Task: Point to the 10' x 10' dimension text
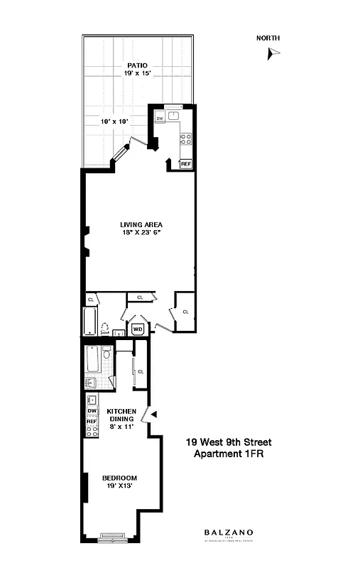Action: point(114,121)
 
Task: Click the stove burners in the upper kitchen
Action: point(186,138)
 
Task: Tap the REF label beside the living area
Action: point(186,164)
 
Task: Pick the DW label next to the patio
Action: point(160,119)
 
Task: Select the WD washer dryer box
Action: point(137,329)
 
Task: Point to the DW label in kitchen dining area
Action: point(92,411)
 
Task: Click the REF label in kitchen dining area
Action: point(92,422)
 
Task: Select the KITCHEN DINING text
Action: point(121,415)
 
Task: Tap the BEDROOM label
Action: point(119,477)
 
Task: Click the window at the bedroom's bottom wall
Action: point(114,537)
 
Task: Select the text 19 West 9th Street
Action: point(229,442)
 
